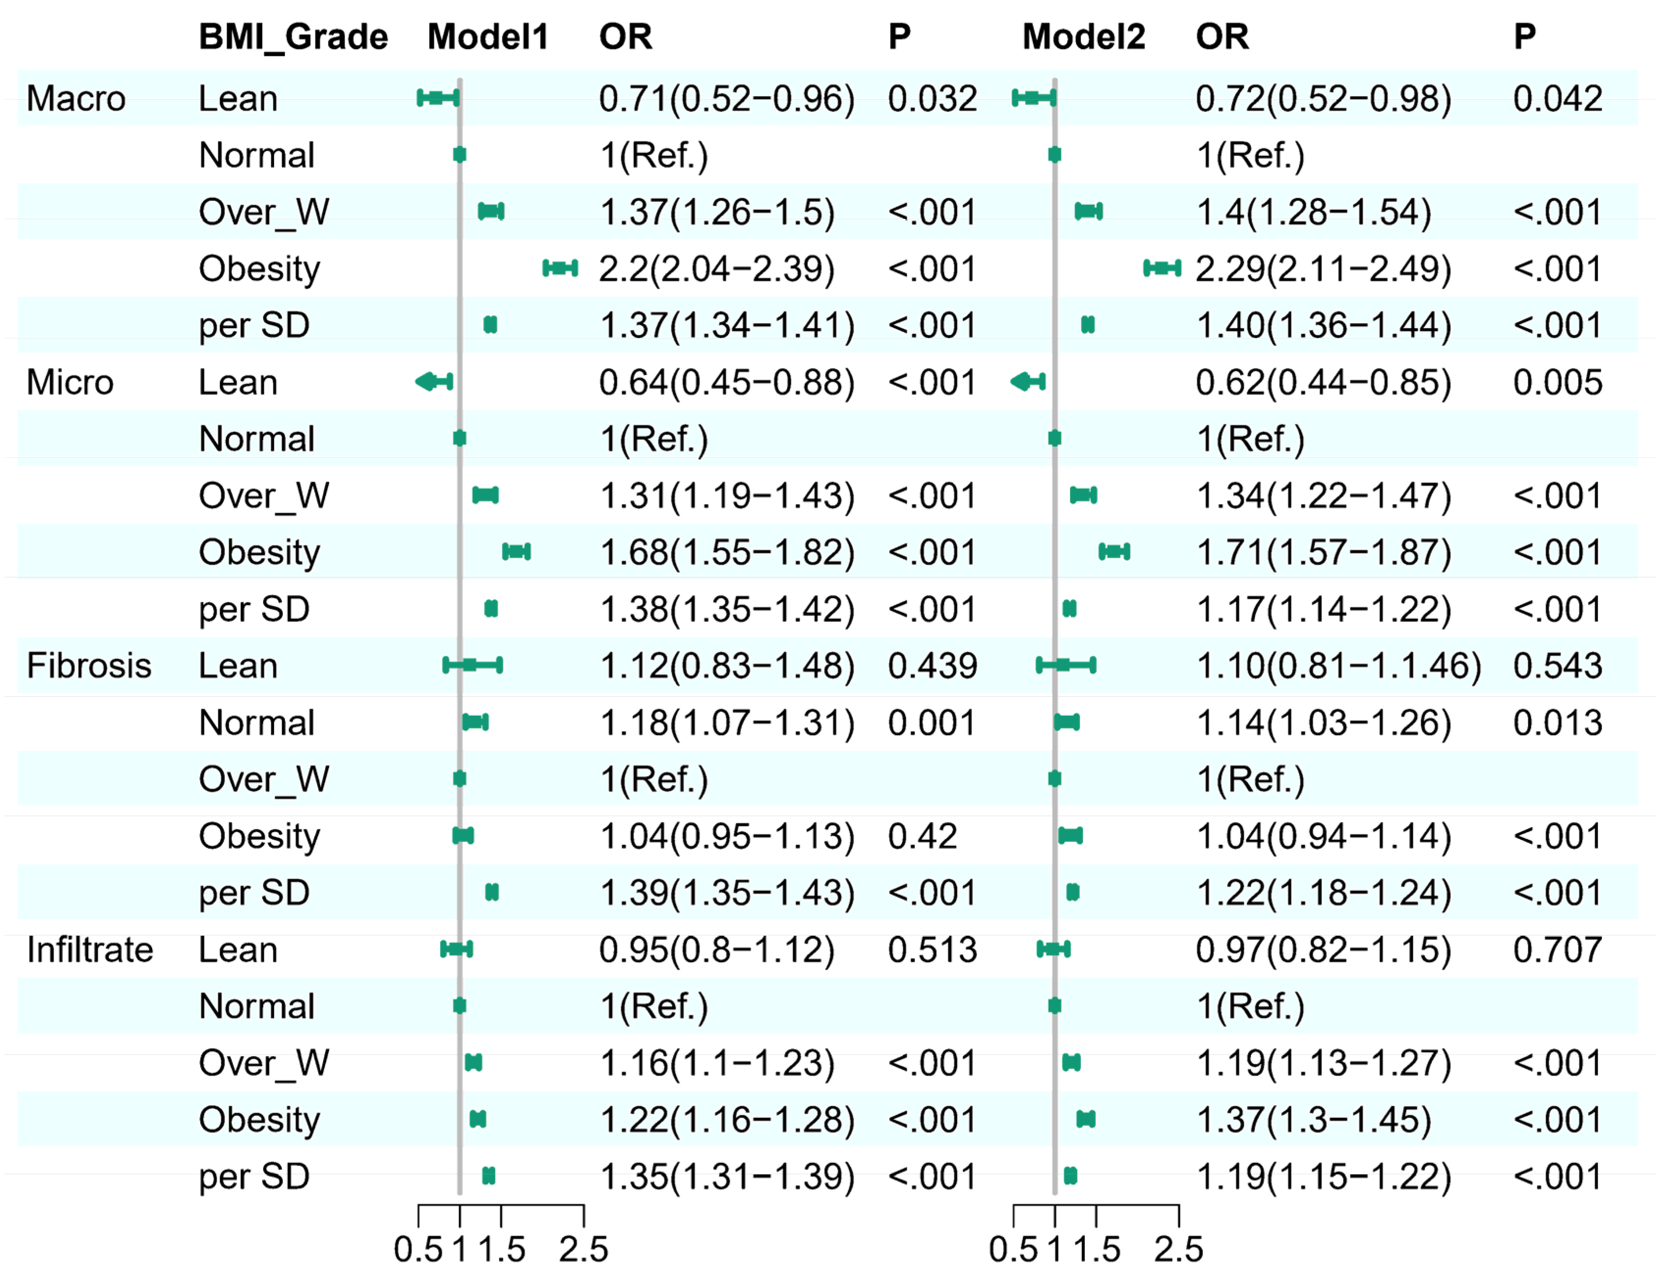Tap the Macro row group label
coord(76,99)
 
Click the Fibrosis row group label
coord(89,666)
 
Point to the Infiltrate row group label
coord(89,949)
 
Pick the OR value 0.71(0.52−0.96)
coord(726,99)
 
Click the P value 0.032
coord(932,99)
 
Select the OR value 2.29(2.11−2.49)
coord(1323,269)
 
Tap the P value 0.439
coord(932,666)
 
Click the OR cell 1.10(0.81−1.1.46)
coord(1338,666)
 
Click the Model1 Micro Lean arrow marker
coord(434,382)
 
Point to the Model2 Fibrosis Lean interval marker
coord(1065,665)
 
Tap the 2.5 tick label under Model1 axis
coord(583,1249)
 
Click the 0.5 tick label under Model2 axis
coord(1013,1249)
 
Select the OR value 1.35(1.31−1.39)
coord(726,1177)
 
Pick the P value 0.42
coord(922,836)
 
